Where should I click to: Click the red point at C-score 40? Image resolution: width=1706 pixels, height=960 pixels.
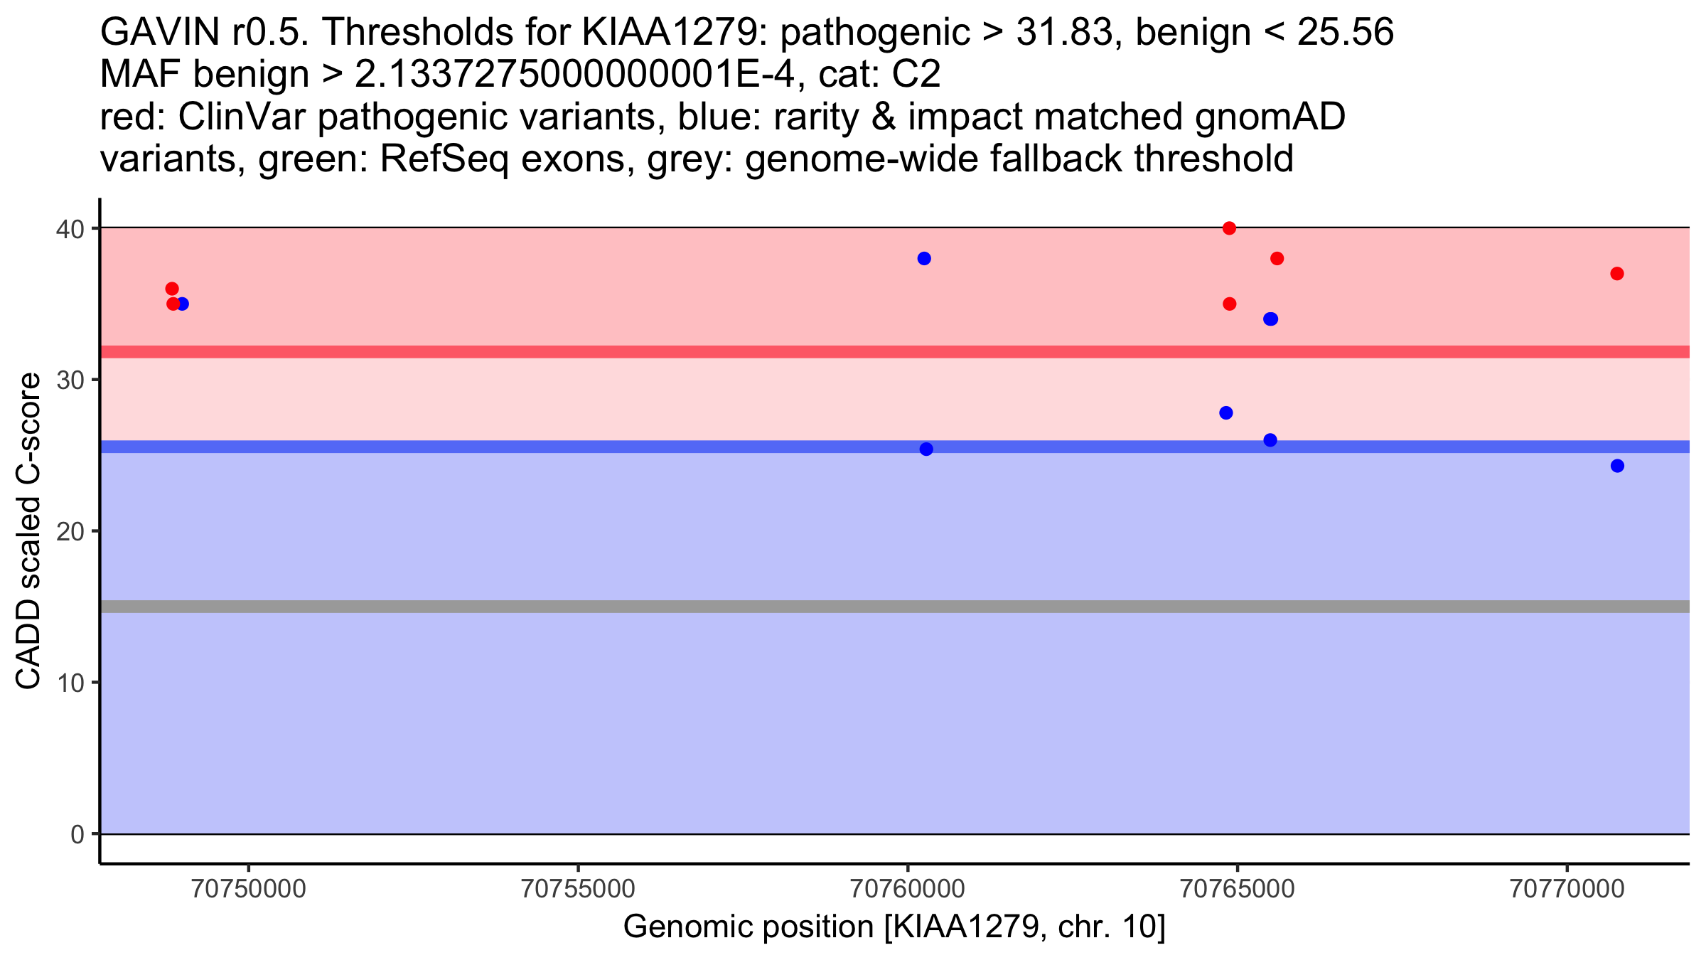(x=1229, y=228)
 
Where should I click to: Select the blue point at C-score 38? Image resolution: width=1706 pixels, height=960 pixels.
(x=924, y=258)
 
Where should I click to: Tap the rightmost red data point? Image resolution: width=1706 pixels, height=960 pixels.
(x=1617, y=274)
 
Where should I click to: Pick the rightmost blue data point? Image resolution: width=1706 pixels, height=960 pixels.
(x=1617, y=466)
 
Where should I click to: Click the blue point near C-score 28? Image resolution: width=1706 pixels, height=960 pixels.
(x=1226, y=413)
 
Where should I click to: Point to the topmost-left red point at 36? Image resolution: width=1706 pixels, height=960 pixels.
(x=172, y=289)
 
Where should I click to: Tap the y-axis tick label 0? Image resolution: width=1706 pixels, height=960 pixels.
(x=77, y=835)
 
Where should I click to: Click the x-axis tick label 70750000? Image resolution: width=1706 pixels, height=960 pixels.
(x=249, y=890)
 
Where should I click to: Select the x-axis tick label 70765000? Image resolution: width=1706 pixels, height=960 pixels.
(x=1238, y=890)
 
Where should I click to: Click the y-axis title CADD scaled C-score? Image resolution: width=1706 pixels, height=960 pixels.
(x=28, y=531)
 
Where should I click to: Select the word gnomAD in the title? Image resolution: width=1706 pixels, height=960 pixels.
(x=1270, y=117)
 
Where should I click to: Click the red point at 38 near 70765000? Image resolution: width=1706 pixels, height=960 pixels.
(x=1277, y=258)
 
